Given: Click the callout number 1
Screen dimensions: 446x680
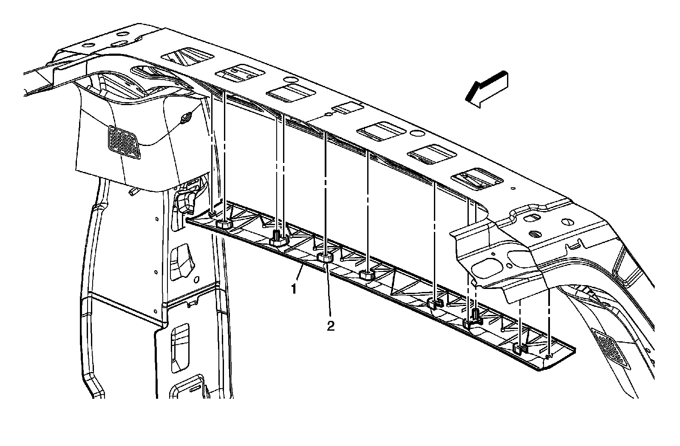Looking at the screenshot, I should (x=294, y=289).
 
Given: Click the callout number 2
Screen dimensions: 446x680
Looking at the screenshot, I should (x=330, y=326).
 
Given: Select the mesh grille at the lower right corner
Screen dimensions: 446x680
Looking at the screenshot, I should (x=611, y=348).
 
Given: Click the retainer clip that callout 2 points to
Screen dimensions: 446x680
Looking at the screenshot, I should (x=325, y=257).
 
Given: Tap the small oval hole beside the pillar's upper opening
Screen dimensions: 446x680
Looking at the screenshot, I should (x=197, y=280).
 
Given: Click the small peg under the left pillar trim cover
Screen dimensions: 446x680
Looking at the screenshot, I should (x=133, y=192).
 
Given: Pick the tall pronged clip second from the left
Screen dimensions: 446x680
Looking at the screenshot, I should (x=278, y=237).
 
